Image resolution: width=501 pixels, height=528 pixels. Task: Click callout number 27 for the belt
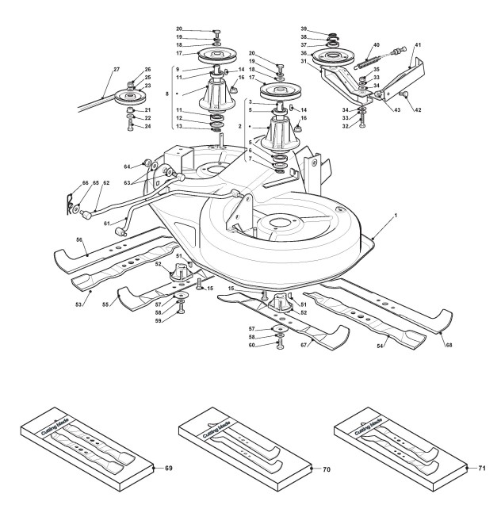point(117,70)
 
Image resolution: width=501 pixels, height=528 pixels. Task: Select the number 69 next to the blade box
point(168,469)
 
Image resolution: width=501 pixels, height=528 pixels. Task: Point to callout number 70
point(326,470)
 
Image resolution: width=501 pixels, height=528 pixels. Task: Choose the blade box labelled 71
point(396,448)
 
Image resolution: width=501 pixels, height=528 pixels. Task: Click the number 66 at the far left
point(66,184)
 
